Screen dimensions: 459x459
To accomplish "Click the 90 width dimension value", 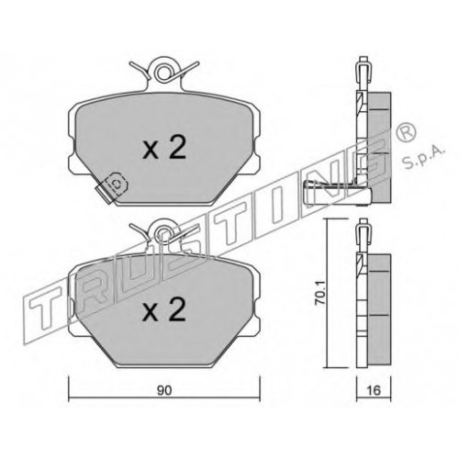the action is (164, 391).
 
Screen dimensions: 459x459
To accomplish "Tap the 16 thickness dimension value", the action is (374, 390).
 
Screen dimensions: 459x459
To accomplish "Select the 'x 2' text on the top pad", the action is (164, 148).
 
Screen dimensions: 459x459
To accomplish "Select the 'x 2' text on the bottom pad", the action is (164, 309).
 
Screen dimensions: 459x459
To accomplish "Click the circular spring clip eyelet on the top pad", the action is (164, 73).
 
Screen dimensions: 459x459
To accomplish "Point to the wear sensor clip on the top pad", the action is (112, 187).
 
